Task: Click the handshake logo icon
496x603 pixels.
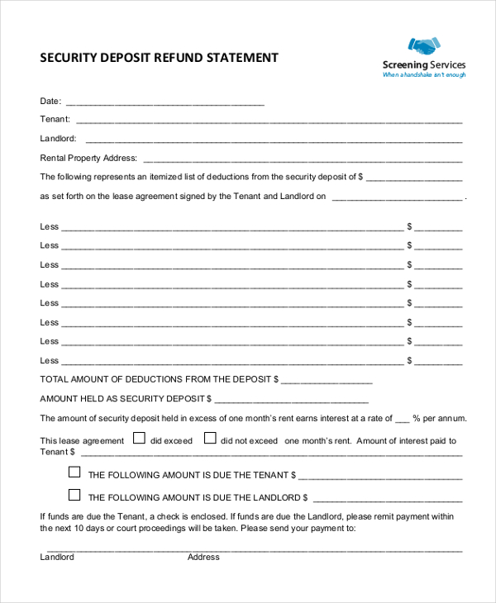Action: [423, 46]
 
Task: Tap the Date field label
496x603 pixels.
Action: [50, 102]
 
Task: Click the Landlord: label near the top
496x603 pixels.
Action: [58, 139]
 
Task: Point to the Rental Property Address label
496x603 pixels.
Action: [89, 158]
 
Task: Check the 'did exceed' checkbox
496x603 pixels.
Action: [140, 439]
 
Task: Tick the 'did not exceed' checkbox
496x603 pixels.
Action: [210, 439]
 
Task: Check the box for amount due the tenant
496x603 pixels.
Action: [74, 472]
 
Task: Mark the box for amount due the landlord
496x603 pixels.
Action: [74, 496]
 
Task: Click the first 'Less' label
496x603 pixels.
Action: [50, 226]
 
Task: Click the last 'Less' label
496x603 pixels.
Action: [50, 360]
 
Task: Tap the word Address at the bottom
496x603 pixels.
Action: [203, 558]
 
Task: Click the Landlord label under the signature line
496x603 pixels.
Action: [57, 558]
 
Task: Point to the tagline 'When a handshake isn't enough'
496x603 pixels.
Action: [423, 75]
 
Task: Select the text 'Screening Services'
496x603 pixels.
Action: [424, 64]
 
